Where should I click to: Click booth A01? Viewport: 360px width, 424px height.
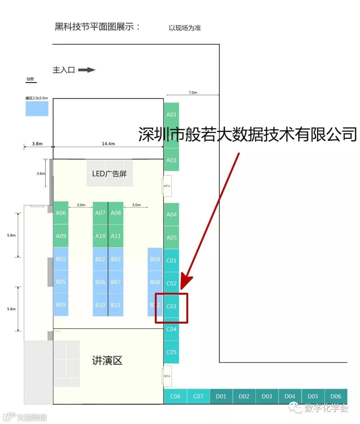pyautogui.click(x=171, y=114)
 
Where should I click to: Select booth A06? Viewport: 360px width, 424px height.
pyautogui.click(x=61, y=213)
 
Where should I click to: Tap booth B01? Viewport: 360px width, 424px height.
pyautogui.click(x=61, y=259)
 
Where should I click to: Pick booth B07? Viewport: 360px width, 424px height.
pyautogui.click(x=116, y=282)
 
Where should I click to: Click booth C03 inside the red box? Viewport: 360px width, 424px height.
pyautogui.click(x=171, y=306)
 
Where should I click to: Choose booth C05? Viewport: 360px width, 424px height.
pyautogui.click(x=171, y=352)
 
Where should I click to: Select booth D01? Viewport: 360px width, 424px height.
pyautogui.click(x=221, y=396)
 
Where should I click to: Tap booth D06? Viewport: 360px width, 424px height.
pyautogui.click(x=336, y=396)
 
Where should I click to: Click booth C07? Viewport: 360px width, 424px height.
pyautogui.click(x=198, y=396)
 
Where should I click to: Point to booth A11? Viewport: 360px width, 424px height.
pyautogui.click(x=116, y=236)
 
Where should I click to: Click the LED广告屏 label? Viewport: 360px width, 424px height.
pyautogui.click(x=109, y=174)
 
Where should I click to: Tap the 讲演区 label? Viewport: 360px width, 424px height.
pyautogui.click(x=107, y=360)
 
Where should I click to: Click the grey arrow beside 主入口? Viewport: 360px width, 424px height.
pyautogui.click(x=87, y=70)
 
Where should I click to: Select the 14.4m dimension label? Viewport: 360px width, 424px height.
pyautogui.click(x=108, y=144)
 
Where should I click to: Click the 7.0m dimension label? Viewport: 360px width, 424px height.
pyautogui.click(x=193, y=92)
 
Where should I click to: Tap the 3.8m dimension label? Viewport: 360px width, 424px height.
pyautogui.click(x=37, y=144)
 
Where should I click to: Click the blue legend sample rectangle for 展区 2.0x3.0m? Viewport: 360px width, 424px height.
pyautogui.click(x=37, y=109)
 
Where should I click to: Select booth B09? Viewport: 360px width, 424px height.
pyautogui.click(x=61, y=305)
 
